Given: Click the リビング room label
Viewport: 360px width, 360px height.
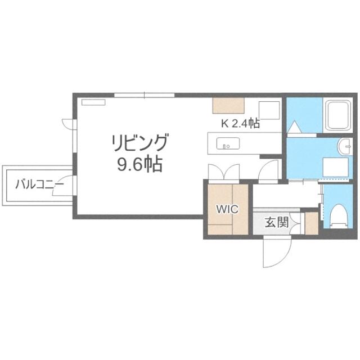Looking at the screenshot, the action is click(x=140, y=143).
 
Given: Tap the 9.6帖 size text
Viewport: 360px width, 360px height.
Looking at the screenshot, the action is click(x=140, y=164).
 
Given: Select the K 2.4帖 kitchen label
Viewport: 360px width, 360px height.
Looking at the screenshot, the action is click(x=240, y=124).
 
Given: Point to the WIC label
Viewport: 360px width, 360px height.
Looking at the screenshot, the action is click(x=227, y=209).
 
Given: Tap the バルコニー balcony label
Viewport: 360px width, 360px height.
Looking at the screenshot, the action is click(x=39, y=185).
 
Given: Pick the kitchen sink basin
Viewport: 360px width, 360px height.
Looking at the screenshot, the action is click(x=228, y=143).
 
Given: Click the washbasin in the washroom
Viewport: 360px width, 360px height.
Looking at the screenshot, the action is click(x=344, y=146).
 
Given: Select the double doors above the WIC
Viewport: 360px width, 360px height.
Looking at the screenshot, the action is click(x=224, y=172).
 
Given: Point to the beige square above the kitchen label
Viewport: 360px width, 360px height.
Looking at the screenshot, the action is click(x=228, y=105).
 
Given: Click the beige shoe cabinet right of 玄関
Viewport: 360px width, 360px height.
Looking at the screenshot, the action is click(x=312, y=223).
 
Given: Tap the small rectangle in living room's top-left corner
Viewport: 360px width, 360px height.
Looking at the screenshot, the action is click(x=93, y=102).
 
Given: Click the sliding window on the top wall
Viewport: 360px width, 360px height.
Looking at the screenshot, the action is click(x=145, y=95).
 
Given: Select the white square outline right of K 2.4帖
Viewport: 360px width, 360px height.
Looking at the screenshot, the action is click(x=269, y=110).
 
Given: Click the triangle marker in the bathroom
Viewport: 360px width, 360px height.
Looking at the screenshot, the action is click(x=295, y=127).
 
